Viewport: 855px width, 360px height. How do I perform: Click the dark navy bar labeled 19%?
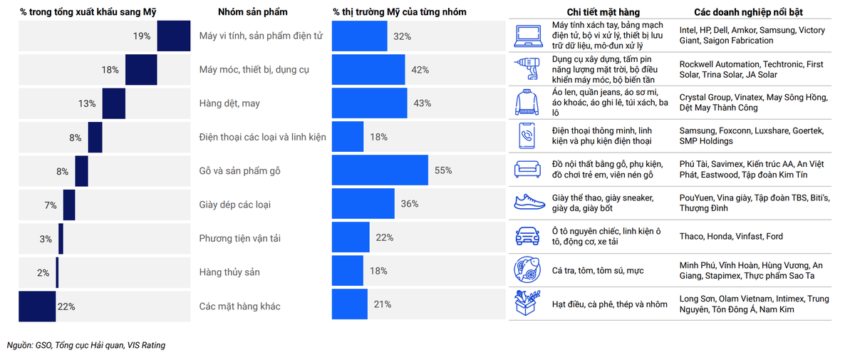coord(173,36)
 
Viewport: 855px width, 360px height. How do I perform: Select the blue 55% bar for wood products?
coord(380,170)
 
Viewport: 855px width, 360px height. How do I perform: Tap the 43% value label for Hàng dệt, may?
coord(422,103)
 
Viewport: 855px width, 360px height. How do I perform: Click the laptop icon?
coord(528,36)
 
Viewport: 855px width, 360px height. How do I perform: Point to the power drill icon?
coord(528,69)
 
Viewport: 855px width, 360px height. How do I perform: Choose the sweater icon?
coord(528,103)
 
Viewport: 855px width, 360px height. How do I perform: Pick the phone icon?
coord(528,136)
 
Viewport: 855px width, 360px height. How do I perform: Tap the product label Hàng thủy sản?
coord(229,272)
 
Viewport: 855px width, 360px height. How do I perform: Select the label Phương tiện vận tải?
coord(239,238)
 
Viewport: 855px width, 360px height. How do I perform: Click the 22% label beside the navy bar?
coord(66,307)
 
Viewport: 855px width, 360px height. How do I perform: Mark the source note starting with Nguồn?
coord(86,345)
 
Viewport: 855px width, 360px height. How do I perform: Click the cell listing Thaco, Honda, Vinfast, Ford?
coord(731,237)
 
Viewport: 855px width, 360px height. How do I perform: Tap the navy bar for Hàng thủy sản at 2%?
coord(57,272)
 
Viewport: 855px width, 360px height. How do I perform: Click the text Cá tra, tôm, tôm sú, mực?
coord(597,271)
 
